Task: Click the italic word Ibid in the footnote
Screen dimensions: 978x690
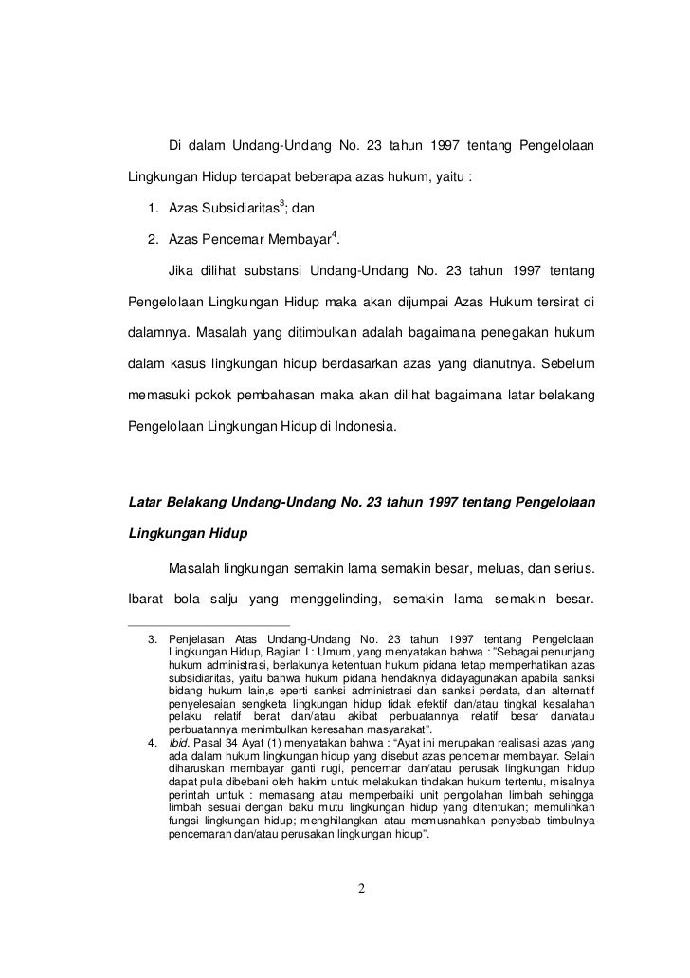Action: [178, 741]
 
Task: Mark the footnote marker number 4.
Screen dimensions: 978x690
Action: [153, 741]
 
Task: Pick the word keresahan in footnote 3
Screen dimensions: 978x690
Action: [318, 729]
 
